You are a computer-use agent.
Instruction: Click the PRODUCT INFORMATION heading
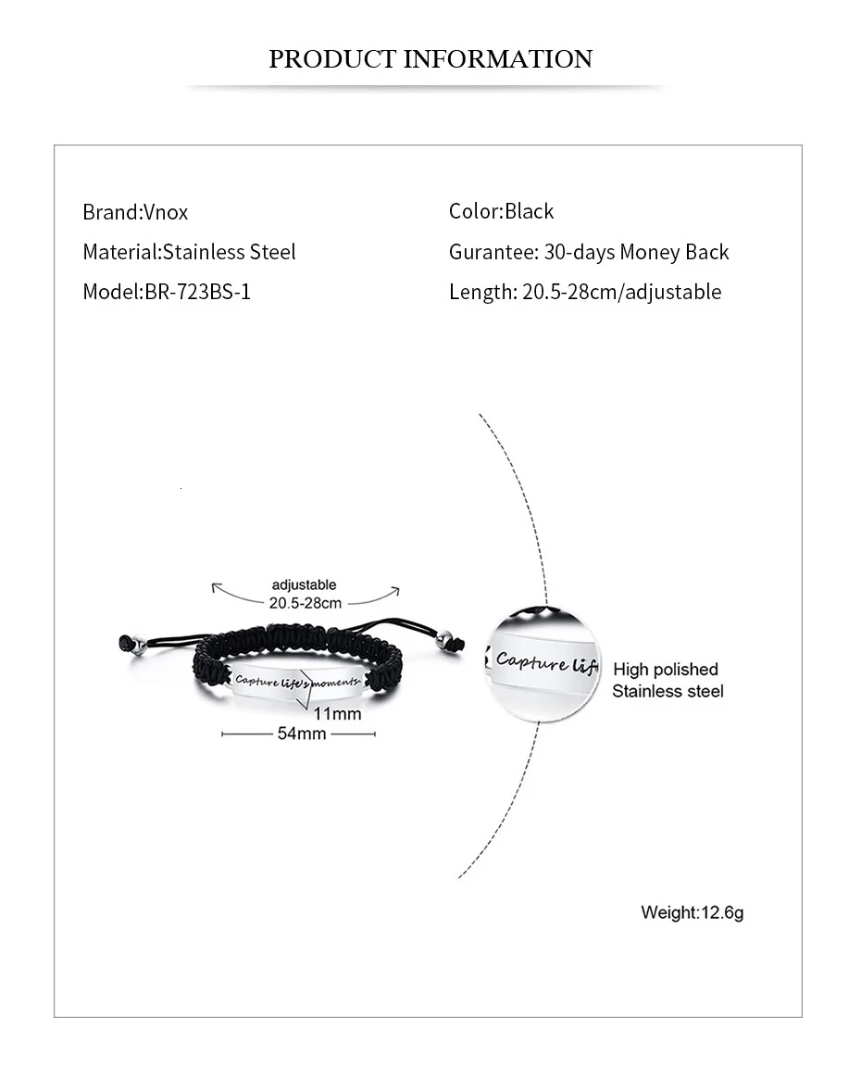point(430,59)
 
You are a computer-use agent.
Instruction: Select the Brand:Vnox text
point(135,212)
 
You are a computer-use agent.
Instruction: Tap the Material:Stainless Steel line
point(189,252)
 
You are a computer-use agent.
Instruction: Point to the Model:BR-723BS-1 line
point(167,292)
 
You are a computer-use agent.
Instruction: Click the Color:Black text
point(501,211)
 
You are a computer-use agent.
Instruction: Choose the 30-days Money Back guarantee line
point(589,252)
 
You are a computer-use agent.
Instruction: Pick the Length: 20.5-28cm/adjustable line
point(584,292)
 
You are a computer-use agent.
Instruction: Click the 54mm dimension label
point(301,734)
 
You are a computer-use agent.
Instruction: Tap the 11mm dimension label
point(337,713)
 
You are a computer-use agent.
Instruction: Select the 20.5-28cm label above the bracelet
point(306,603)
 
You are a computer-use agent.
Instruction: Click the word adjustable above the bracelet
point(304,584)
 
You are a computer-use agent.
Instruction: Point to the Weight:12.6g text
point(692,912)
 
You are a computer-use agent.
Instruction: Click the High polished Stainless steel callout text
point(667,680)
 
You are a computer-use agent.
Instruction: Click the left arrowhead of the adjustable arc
point(215,586)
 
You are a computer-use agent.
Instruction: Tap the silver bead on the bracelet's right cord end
point(445,639)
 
